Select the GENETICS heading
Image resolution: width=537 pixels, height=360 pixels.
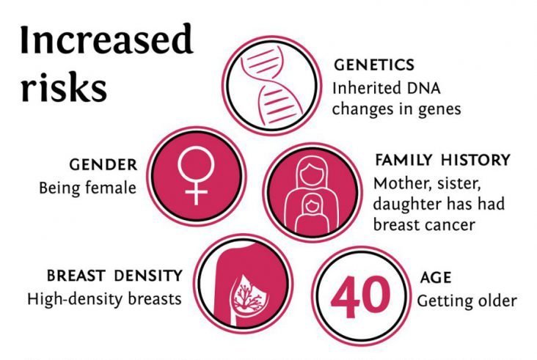pyautogui.click(x=374, y=65)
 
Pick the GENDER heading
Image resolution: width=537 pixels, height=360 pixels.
pyautogui.click(x=103, y=165)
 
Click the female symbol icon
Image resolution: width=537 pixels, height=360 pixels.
pyautogui.click(x=196, y=175)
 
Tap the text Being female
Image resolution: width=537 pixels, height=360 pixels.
pyautogui.click(x=88, y=188)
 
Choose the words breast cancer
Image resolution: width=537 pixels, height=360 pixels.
pyautogui.click(x=424, y=225)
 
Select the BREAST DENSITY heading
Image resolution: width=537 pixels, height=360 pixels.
pyautogui.click(x=114, y=276)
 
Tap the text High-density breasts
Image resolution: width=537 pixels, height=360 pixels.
pyautogui.click(x=104, y=299)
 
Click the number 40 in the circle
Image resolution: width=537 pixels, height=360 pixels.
pyautogui.click(x=361, y=296)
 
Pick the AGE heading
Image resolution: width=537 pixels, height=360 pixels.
pyautogui.click(x=435, y=278)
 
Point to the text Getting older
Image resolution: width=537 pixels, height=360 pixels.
pyautogui.click(x=467, y=301)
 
